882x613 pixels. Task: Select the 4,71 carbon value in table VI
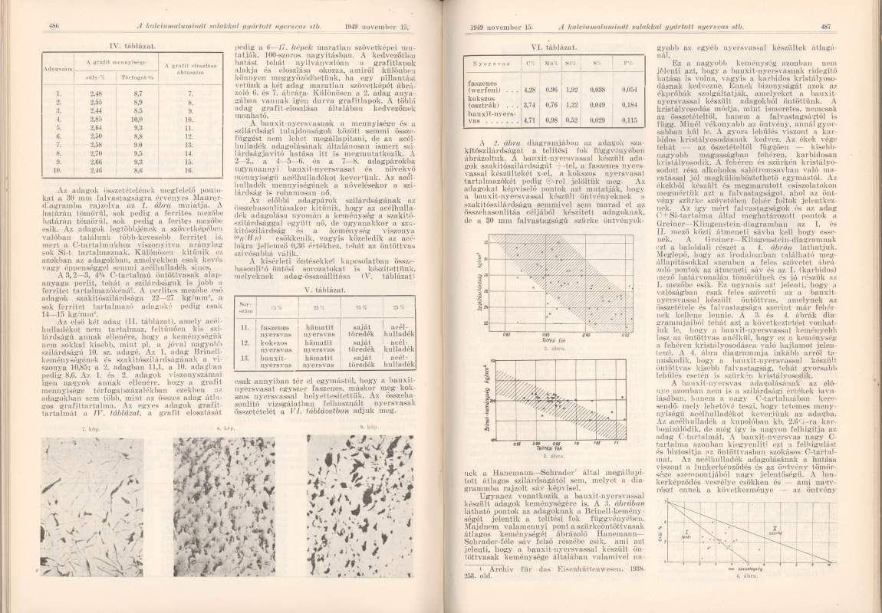coord(529,121)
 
